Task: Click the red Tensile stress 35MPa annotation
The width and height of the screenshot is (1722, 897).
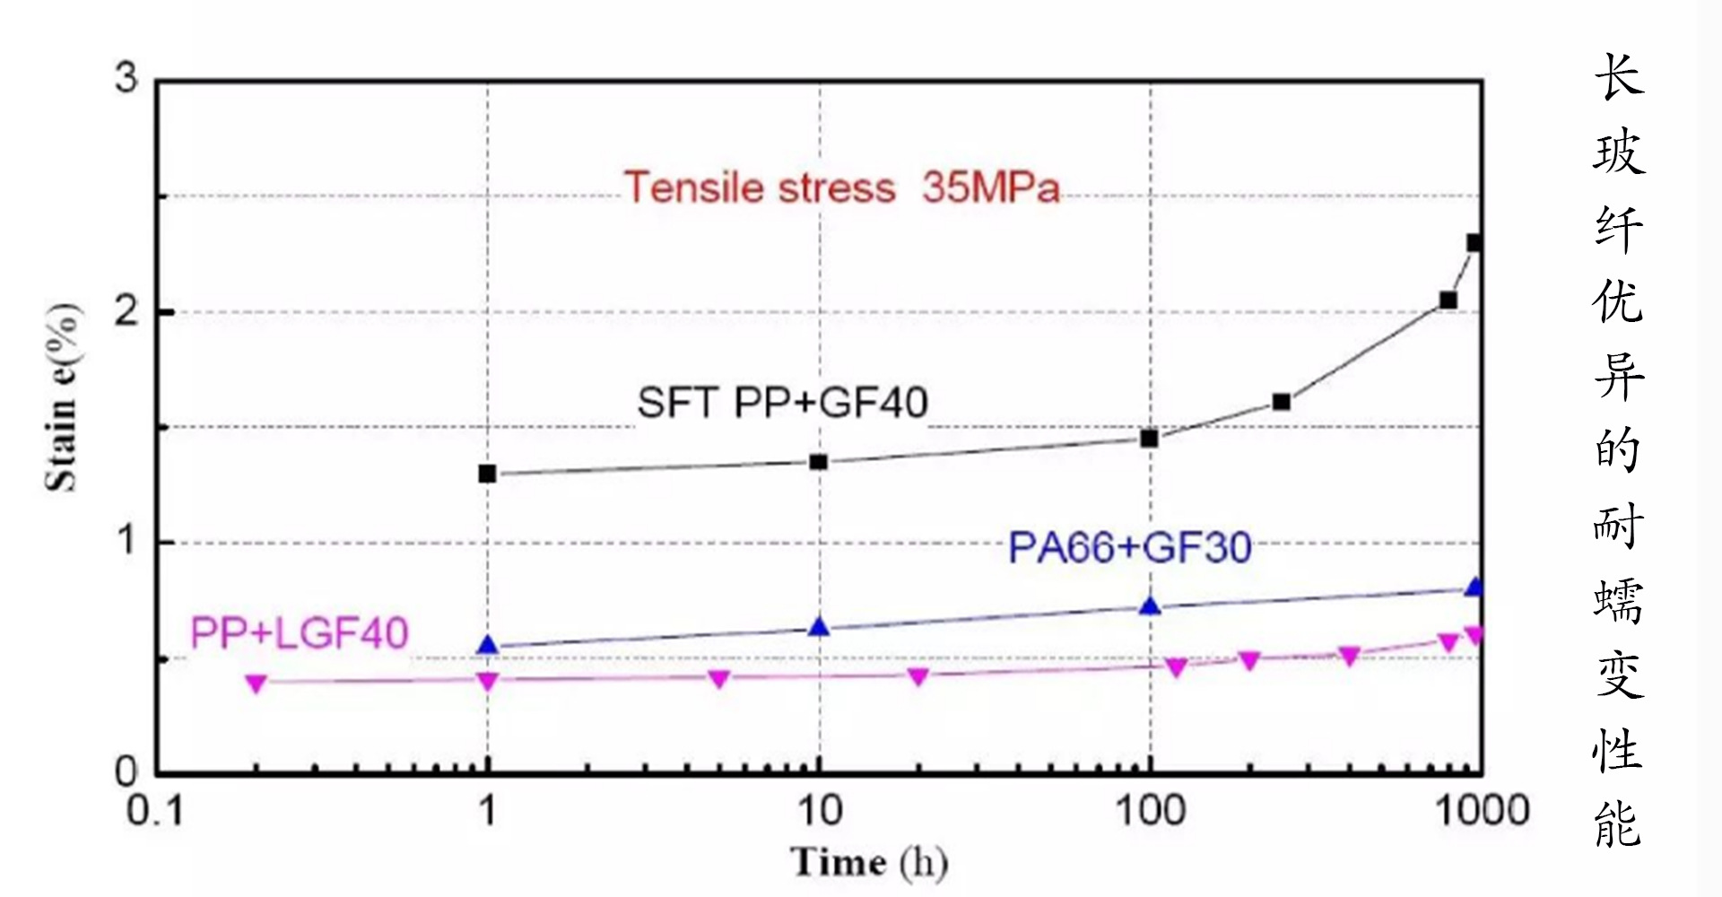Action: point(841,188)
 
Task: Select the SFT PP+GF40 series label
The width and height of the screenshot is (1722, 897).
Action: point(782,403)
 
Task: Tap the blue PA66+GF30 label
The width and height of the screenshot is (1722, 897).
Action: point(1129,548)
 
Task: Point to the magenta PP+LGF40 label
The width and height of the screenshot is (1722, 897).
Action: point(300,633)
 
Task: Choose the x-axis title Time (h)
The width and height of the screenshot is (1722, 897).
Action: point(869,863)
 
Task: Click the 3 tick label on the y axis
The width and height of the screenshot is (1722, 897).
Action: point(126,79)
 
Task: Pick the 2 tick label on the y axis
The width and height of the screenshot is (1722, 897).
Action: point(126,311)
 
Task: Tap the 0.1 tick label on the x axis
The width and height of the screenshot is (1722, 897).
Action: point(155,811)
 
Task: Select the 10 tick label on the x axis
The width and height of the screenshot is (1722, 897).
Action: point(819,811)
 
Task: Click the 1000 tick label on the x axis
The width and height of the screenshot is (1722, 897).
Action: point(1482,811)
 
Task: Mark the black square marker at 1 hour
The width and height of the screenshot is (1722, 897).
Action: point(487,474)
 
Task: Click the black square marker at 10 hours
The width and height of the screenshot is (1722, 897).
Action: point(819,462)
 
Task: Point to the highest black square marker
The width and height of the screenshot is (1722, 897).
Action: point(1474,243)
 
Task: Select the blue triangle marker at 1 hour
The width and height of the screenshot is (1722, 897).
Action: point(487,645)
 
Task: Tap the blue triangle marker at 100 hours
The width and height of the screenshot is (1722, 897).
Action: point(1150,606)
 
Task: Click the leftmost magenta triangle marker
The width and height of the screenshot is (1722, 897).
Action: point(257,684)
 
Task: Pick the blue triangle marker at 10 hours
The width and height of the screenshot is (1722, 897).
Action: point(819,627)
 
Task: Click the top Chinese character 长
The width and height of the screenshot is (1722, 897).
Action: point(1619,76)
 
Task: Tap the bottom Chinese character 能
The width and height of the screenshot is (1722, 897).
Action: point(1619,825)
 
